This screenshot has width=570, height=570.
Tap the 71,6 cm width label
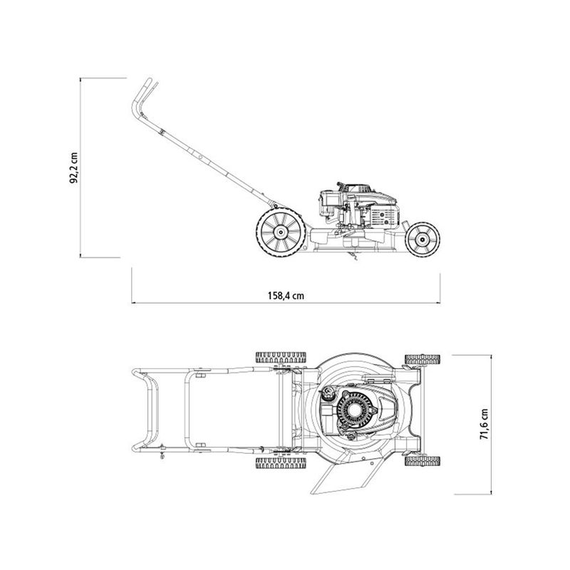point(484,424)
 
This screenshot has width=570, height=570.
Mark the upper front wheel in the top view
point(421,360)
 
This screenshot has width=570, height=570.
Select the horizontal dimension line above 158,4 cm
point(285,304)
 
